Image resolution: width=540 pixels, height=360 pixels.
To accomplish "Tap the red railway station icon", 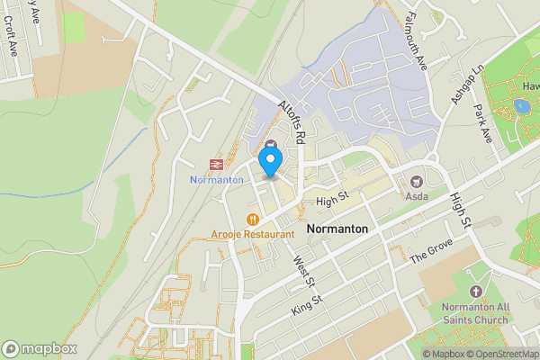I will point(216,164).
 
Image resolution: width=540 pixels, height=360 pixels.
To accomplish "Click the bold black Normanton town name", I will point(337,229).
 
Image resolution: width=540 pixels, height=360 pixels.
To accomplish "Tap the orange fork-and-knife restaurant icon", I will point(253,219).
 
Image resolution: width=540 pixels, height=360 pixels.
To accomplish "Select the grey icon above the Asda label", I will point(417,181).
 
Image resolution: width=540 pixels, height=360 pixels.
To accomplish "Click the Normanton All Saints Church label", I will point(476,313).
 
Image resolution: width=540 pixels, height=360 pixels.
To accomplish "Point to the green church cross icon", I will point(476,292).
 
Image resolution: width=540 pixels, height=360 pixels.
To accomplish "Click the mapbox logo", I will point(40,348).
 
